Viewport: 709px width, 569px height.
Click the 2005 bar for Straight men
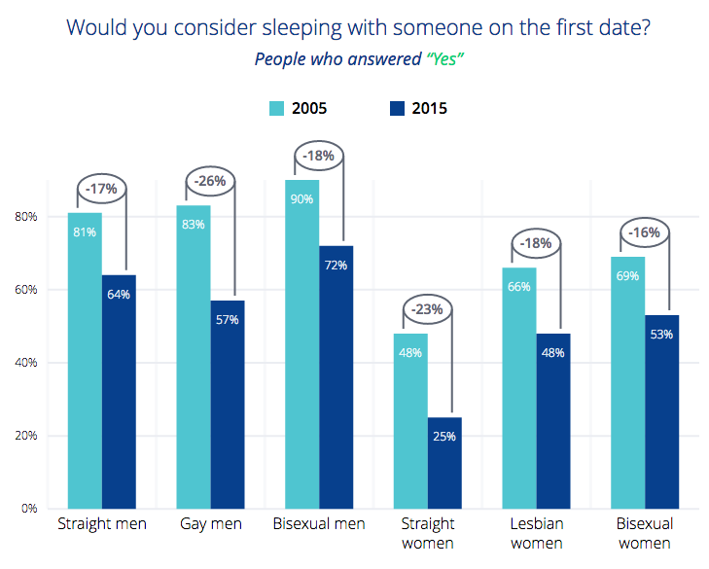click(85, 360)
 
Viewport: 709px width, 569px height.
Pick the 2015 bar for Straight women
click(444, 462)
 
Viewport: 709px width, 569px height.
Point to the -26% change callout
click(209, 180)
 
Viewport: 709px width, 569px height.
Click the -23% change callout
click(426, 310)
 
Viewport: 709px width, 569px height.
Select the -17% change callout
click(100, 188)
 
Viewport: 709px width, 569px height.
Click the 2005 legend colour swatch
click(276, 108)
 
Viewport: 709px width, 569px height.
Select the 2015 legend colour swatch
click(397, 108)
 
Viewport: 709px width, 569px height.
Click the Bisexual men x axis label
click(319, 524)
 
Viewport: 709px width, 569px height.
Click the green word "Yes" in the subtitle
click(443, 58)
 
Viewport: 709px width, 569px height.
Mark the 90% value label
click(301, 199)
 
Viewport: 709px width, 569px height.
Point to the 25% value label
click(444, 436)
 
